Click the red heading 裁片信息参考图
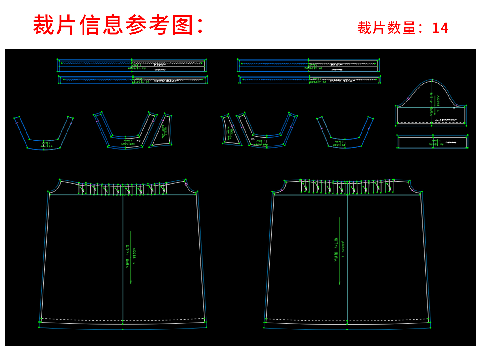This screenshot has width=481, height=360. pyautogui.click(x=118, y=25)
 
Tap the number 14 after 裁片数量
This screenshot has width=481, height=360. pyautogui.click(x=440, y=28)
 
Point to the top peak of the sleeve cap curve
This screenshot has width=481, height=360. pyautogui.click(x=432, y=80)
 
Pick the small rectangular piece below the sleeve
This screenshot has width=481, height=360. pyautogui.click(x=432, y=142)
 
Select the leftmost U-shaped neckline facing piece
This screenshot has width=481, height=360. pyautogui.click(x=43, y=139)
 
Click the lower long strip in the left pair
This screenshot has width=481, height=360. pyautogui.click(x=132, y=80)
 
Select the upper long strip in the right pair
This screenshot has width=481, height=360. pyautogui.click(x=308, y=66)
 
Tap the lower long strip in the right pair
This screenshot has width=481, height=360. pyautogui.click(x=309, y=79)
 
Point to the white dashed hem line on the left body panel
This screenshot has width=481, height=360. pyautogui.click(x=123, y=320)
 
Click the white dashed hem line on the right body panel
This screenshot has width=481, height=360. pyautogui.click(x=347, y=320)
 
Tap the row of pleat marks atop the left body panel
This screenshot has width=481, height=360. pyautogui.click(x=123, y=189)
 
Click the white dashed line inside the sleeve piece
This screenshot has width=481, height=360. pyautogui.click(x=431, y=122)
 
